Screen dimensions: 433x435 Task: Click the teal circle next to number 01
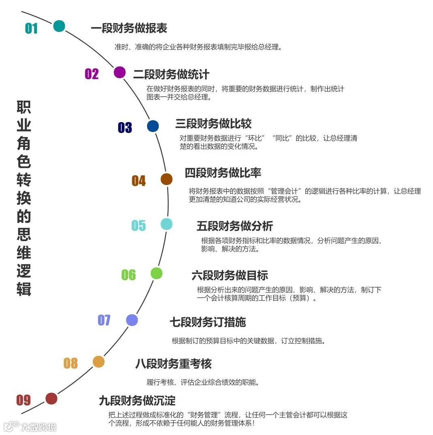59,26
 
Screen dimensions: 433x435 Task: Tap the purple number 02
92,74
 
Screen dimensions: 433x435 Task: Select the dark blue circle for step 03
153,126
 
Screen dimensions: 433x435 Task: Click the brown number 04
139,181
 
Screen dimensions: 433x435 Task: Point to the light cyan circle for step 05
167,224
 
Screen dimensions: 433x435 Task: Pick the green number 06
129,275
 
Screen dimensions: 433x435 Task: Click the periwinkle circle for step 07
132,320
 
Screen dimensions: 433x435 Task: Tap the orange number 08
71,363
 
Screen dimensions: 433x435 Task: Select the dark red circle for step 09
51,398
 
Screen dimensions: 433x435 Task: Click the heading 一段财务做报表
129,28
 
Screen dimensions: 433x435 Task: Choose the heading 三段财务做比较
213,123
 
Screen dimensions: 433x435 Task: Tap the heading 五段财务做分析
234,226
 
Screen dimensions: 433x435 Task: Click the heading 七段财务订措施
208,322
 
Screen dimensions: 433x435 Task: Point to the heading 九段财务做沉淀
137,401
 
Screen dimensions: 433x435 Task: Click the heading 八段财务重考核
173,364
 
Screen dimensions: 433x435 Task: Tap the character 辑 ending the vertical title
24,289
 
